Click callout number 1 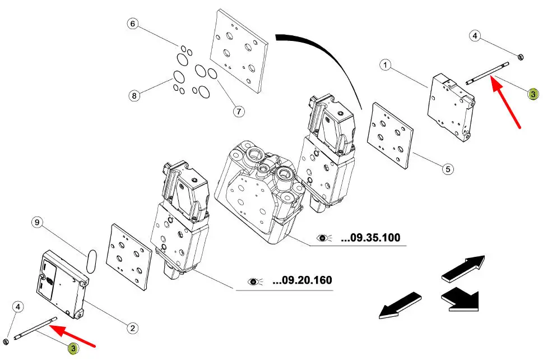(385, 66)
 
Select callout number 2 (133, 327)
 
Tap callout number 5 (447, 168)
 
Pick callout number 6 (132, 24)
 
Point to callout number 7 (239, 111)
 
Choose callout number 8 (134, 96)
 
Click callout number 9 (37, 223)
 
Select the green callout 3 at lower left (73, 349)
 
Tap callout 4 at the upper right (475, 36)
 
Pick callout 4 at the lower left (18, 307)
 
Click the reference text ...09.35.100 (370, 238)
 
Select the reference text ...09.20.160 (301, 280)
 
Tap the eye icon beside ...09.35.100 (324, 238)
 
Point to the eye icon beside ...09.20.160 (254, 280)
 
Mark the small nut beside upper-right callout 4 (519, 56)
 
